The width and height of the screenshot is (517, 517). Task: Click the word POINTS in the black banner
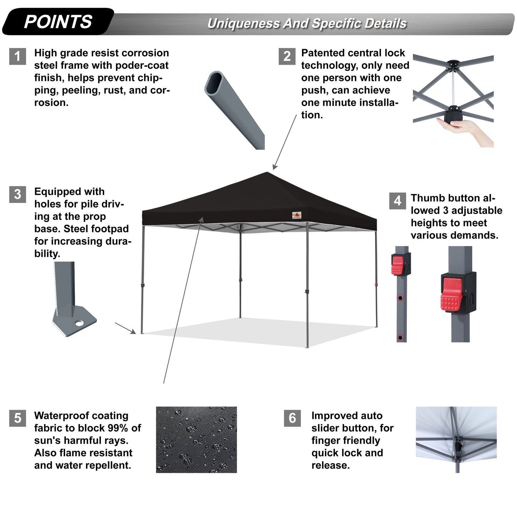point(58,22)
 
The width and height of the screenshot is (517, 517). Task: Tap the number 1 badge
point(18,57)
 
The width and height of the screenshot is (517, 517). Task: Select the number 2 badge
point(287,57)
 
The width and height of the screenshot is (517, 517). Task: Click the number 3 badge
point(18,194)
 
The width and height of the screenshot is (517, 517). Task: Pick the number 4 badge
point(397,201)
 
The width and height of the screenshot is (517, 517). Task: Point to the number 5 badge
point(18,418)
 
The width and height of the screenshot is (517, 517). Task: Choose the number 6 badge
point(292,418)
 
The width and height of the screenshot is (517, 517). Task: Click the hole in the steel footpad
point(79,323)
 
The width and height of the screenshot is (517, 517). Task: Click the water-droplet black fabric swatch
point(196,439)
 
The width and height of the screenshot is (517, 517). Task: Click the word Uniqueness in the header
point(243,24)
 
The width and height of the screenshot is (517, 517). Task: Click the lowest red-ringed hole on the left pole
point(400,337)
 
